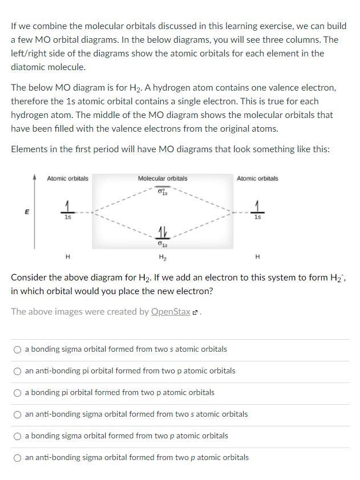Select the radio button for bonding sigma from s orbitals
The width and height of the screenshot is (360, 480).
coord(18,349)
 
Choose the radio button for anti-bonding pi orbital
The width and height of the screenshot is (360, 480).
coord(18,371)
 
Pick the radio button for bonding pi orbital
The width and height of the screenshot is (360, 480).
coord(18,393)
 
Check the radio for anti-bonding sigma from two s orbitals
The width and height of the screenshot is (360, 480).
coord(18,414)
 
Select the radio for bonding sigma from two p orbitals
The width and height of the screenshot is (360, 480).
coord(18,436)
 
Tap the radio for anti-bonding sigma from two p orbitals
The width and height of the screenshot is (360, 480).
coord(18,458)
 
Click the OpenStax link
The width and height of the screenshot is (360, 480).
coord(171,312)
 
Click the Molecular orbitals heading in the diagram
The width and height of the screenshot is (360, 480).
coord(163,178)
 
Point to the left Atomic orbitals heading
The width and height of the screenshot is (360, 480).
coord(67,178)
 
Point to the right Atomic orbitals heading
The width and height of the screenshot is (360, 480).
coord(257,178)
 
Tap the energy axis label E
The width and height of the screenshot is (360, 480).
coord(26,211)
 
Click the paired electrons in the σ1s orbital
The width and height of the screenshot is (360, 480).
coord(163,233)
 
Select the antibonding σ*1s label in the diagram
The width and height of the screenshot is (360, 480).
coord(163,191)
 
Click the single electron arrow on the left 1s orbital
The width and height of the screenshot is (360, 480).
coord(67,206)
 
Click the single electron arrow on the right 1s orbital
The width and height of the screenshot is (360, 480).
coord(258,206)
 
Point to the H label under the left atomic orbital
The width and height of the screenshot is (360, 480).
coord(67,257)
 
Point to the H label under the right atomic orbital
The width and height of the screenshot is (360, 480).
coord(258,257)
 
